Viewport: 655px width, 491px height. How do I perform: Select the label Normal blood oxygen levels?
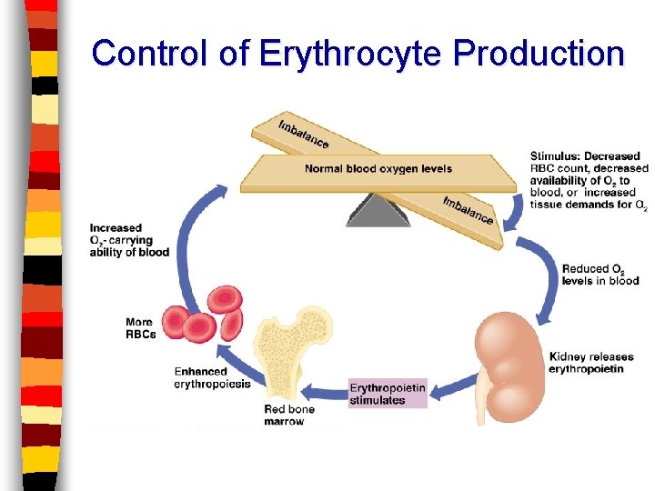coord(378,169)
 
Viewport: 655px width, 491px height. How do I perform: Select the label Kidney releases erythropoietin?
coord(591,363)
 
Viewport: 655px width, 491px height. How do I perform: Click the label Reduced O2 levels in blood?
coord(600,275)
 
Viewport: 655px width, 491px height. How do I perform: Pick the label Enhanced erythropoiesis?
coord(200,377)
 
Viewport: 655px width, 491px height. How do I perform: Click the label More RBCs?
coord(141,328)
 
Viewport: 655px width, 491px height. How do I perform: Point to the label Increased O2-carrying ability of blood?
coord(129,240)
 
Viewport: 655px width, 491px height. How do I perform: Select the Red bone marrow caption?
coord(289,416)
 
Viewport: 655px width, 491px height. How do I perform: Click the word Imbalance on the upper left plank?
coord(304,134)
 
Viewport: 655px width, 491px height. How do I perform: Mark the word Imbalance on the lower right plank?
coord(468,210)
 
